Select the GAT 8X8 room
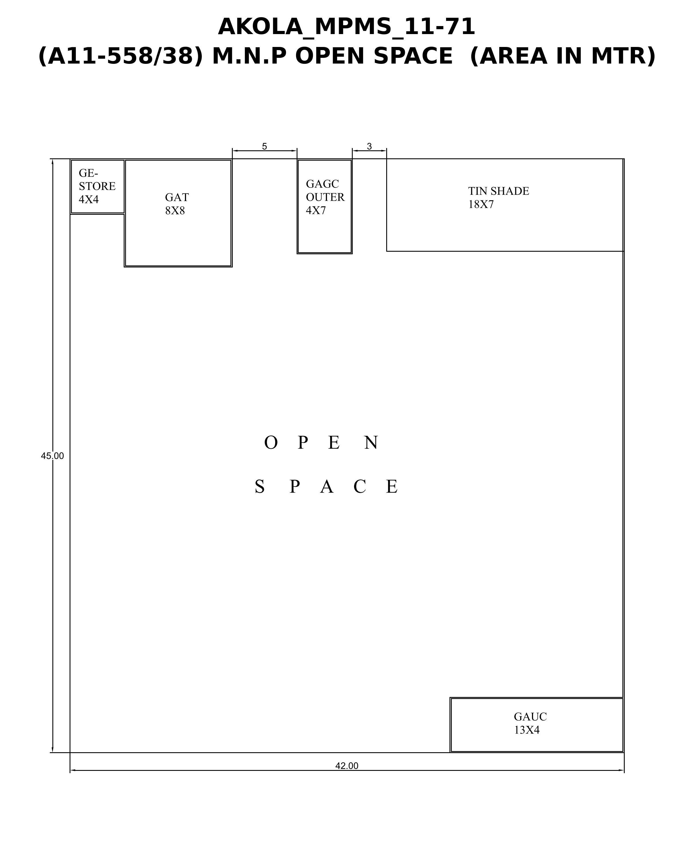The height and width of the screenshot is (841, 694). click(x=178, y=213)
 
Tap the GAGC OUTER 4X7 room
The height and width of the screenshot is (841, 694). click(x=325, y=206)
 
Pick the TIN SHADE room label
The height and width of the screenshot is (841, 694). click(x=498, y=191)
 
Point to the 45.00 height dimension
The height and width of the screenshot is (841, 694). click(x=52, y=456)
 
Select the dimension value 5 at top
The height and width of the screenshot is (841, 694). click(x=264, y=146)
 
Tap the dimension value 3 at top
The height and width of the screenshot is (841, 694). click(x=369, y=146)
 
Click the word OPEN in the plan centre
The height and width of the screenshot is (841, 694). click(x=322, y=442)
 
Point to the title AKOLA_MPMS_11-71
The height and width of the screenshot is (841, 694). click(x=347, y=27)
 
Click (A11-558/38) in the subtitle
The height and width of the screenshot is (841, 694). click(x=121, y=56)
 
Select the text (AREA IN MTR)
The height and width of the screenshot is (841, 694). click(x=563, y=56)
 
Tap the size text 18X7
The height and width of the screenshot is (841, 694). click(x=481, y=204)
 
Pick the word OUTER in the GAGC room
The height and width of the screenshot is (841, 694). click(x=325, y=197)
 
